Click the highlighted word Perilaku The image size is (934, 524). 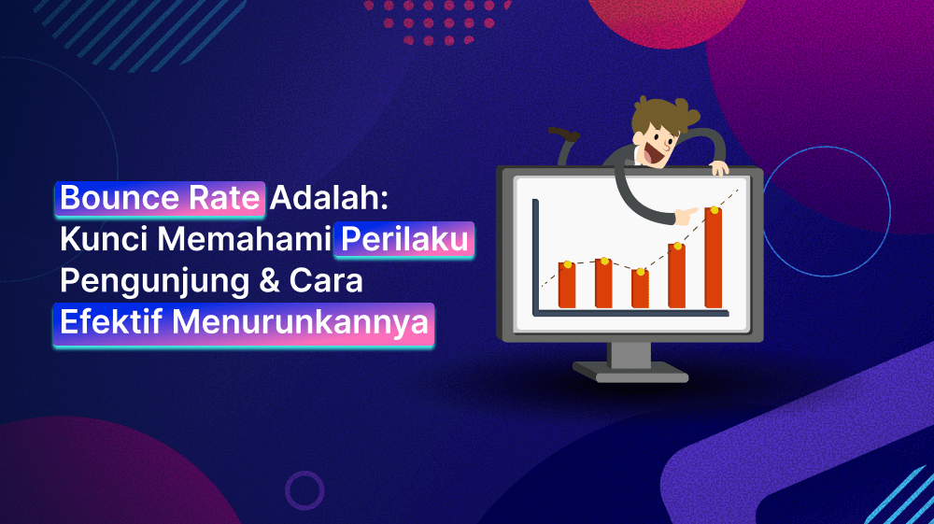pos(405,240)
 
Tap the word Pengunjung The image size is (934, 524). pos(154,281)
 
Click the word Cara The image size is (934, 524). pos(328,281)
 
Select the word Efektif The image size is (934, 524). pos(110,322)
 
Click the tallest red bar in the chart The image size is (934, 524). pos(714,259)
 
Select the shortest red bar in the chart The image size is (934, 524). pos(640,290)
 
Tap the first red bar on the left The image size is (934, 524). pos(567,285)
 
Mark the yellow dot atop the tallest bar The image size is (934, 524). pos(715,210)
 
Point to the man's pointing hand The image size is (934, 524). pos(687,216)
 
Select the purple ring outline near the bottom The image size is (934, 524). pos(304,489)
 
